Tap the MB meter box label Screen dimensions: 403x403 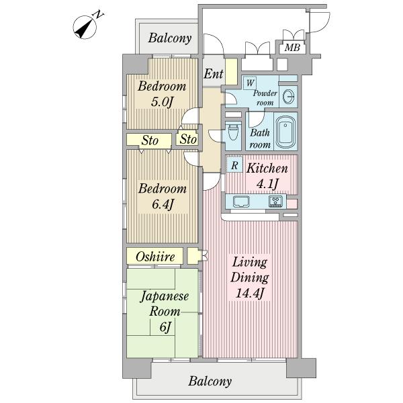point(292,47)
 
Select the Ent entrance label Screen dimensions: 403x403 point(214,74)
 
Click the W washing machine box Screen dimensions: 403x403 point(250,83)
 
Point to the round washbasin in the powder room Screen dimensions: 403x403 point(288,97)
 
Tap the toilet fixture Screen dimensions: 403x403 point(233,132)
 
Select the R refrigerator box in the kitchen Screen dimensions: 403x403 point(234,165)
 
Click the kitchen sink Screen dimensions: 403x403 point(241,201)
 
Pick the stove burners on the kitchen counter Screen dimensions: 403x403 point(276,201)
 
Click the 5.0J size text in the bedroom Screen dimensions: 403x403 point(161,102)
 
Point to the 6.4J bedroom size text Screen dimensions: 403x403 point(162,205)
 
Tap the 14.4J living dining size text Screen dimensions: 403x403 point(250,293)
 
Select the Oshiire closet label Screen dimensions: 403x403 point(155,257)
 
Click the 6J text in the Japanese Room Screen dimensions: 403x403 point(165,327)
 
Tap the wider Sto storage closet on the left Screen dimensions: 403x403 point(149,140)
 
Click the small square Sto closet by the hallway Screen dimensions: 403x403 point(187,139)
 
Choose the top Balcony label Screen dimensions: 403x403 point(170,38)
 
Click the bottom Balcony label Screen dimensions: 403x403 point(210,381)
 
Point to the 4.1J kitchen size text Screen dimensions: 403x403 point(267,183)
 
